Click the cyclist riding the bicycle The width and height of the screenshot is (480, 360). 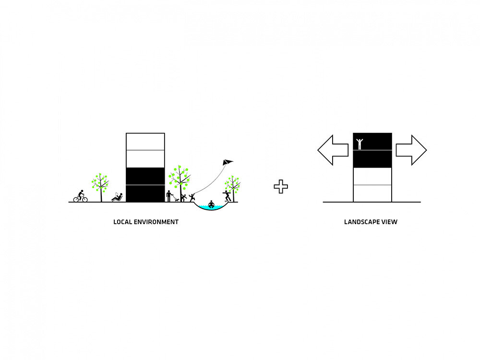click(x=81, y=196)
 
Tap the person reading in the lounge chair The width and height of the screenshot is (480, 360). click(x=117, y=197)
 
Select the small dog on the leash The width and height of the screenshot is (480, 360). click(x=177, y=200)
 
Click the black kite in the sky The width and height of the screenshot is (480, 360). click(x=228, y=162)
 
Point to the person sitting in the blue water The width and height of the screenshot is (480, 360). click(x=211, y=204)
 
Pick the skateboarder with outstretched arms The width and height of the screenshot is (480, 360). click(x=227, y=196)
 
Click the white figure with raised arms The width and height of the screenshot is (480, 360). click(x=360, y=144)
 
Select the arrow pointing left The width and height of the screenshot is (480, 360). click(x=333, y=150)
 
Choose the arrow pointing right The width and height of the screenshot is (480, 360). click(x=411, y=150)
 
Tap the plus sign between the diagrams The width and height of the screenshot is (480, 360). click(x=281, y=186)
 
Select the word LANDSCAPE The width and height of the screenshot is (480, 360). click(x=360, y=222)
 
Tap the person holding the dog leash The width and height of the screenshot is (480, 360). click(x=168, y=196)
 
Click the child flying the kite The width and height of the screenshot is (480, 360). click(x=192, y=197)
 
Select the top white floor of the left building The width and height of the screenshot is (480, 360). click(x=145, y=142)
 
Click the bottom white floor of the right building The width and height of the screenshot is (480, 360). click(x=372, y=193)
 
